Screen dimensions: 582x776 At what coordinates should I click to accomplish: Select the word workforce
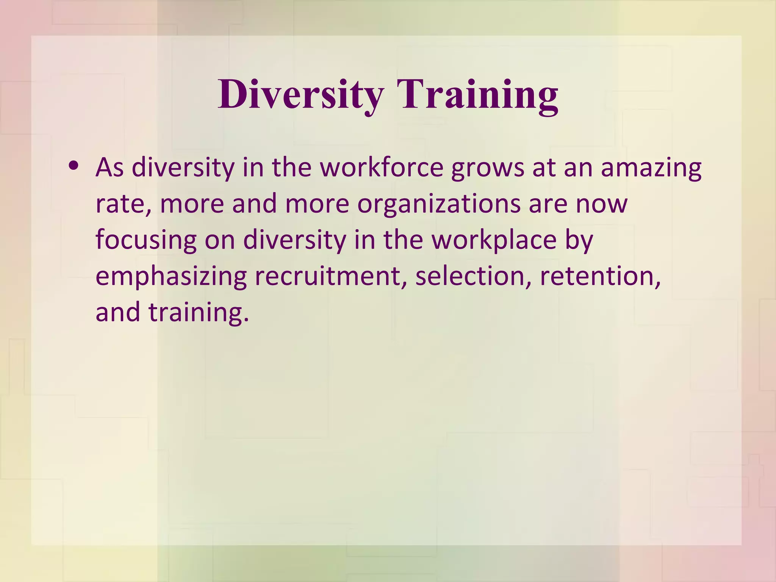tap(382, 167)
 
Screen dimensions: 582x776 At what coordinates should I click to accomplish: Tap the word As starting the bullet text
tap(110, 167)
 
